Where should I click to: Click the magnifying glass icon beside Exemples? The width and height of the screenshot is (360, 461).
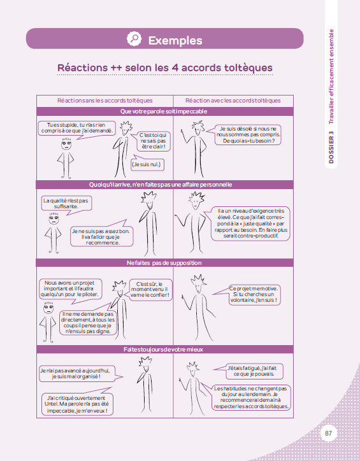[x=134, y=39]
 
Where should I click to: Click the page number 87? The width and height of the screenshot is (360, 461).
[x=329, y=434]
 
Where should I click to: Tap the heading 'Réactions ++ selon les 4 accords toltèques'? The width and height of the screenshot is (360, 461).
[x=165, y=67]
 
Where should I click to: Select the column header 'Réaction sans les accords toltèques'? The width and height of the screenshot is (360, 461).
[x=104, y=101]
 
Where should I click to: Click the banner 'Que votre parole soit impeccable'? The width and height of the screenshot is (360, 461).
[x=164, y=111]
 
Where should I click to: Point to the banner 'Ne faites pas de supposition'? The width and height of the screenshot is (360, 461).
[x=164, y=262]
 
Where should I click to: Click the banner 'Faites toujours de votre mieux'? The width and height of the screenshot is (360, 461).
[x=164, y=350]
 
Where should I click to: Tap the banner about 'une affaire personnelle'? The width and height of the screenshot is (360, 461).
[x=164, y=185]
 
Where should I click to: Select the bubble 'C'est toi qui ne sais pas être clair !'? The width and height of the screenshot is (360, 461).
[x=152, y=141]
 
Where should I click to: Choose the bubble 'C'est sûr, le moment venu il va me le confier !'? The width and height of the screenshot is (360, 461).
[x=150, y=290]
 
